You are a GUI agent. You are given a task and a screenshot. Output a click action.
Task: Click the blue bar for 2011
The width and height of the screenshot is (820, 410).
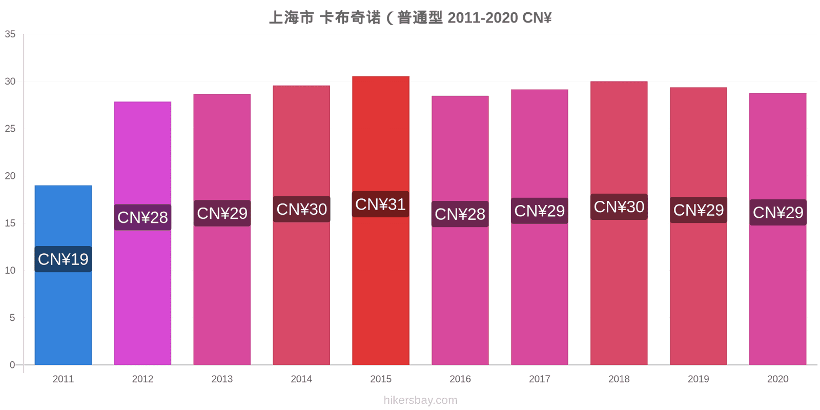point(63,275)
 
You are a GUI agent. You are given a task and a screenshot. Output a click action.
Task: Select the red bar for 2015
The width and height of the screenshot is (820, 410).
point(381,220)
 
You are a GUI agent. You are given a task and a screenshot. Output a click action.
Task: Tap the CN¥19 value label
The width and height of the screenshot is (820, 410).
point(63,259)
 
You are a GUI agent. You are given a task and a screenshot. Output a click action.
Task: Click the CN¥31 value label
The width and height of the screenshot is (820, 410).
point(381,204)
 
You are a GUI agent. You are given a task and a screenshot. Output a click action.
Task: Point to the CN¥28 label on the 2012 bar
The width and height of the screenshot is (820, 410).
point(143,217)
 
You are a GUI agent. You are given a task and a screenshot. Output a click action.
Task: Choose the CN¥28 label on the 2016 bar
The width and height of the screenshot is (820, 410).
point(460,214)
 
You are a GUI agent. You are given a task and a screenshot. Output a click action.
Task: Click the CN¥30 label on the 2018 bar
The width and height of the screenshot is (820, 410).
point(619,207)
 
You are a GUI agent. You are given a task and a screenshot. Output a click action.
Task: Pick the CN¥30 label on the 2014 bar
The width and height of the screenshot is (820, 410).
point(302,210)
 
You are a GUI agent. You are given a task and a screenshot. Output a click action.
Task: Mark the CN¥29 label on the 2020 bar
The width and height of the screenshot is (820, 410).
point(778,212)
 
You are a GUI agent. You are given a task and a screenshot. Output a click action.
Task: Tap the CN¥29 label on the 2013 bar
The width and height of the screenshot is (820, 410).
point(222,213)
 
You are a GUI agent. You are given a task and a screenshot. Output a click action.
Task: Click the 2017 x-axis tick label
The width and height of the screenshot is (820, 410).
point(540,379)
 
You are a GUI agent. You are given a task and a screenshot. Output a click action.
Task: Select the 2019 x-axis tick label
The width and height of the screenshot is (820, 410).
point(699,379)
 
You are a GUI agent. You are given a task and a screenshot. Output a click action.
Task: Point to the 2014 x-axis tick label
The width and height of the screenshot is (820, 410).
point(301,379)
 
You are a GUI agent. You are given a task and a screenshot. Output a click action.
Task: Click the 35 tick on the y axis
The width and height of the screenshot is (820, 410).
point(10,34)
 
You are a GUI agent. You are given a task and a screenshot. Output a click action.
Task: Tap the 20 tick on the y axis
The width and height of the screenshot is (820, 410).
point(10,176)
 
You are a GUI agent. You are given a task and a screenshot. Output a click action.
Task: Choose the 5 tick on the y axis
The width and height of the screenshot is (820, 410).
point(12,317)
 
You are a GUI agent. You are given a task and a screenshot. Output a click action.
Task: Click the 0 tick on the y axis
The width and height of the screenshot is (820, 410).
point(12,364)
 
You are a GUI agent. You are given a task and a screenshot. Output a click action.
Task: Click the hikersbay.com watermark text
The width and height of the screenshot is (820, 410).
point(421,400)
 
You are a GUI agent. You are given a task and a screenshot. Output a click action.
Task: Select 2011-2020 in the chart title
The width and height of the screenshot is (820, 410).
point(483,17)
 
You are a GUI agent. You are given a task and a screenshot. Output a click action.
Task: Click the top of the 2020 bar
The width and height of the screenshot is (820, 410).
point(778,93)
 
